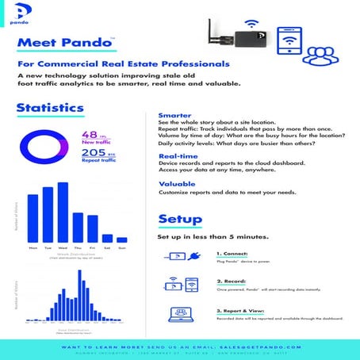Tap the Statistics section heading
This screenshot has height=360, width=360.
(50, 108)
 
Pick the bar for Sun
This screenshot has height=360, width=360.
(121, 239)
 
